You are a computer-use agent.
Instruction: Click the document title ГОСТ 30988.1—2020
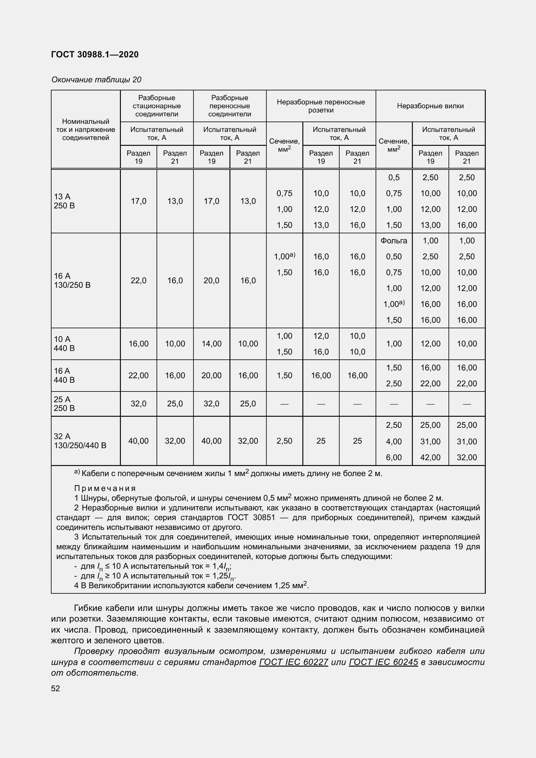pyautogui.click(x=95, y=54)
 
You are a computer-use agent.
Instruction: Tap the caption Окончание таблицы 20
pyautogui.click(x=96, y=80)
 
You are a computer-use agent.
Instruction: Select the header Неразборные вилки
pyautogui.click(x=430, y=106)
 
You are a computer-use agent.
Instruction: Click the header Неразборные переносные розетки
pyautogui.click(x=320, y=106)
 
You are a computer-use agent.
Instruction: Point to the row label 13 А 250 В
pyautogui.click(x=64, y=201)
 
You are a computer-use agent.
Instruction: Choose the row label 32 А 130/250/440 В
pyautogui.click(x=80, y=441)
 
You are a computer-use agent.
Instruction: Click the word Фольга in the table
pyautogui.click(x=394, y=241)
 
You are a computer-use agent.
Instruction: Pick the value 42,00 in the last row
pyautogui.click(x=430, y=457)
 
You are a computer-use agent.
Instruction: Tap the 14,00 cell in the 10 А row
pyautogui.click(x=211, y=344)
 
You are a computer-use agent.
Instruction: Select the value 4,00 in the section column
pyautogui.click(x=394, y=441)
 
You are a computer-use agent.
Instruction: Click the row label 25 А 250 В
pyautogui.click(x=64, y=404)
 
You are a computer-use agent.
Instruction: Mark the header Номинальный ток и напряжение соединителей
pyautogui.click(x=86, y=129)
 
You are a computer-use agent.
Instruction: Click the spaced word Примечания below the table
pyautogui.click(x=105, y=488)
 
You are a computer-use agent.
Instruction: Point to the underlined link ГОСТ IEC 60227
pyautogui.click(x=293, y=662)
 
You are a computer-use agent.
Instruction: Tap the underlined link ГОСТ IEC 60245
pyautogui.click(x=383, y=662)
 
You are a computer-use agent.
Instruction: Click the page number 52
pyautogui.click(x=55, y=688)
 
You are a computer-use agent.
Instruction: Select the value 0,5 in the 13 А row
pyautogui.click(x=394, y=177)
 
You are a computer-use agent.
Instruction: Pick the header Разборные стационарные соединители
pyautogui.click(x=157, y=106)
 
